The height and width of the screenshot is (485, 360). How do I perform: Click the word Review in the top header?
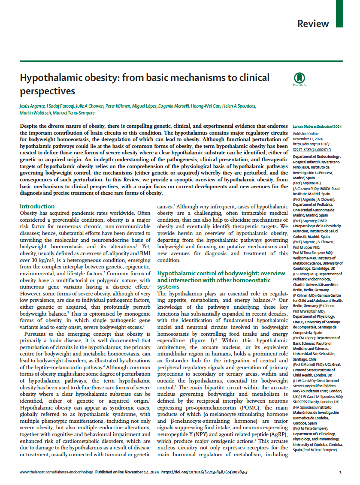(x=313, y=24)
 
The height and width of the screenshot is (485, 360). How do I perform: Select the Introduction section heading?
(x=37, y=206)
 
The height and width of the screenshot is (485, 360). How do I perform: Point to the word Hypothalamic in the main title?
(x=50, y=78)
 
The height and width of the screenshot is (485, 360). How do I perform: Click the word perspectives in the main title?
(x=47, y=91)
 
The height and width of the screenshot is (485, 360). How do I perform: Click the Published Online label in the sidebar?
(x=304, y=133)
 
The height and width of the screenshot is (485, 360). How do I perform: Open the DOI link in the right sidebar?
(x=310, y=146)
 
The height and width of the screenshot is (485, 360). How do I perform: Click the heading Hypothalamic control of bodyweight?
(x=221, y=273)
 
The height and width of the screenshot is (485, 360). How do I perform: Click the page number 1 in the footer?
(x=340, y=472)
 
